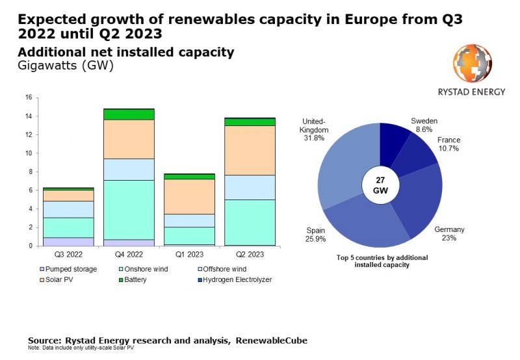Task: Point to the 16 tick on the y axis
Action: click(28, 98)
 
